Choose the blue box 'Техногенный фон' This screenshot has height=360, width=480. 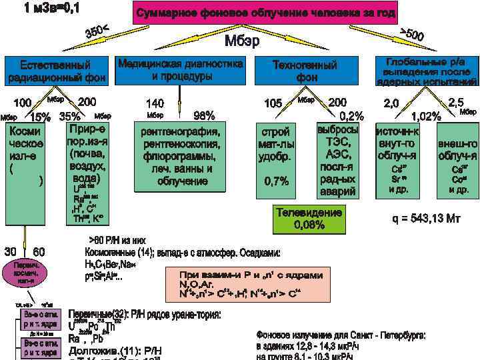click(x=305, y=71)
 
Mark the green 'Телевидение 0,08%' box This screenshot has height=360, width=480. click(x=309, y=219)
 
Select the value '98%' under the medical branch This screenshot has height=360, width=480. click(x=203, y=115)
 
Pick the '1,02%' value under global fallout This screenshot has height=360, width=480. click(x=427, y=116)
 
